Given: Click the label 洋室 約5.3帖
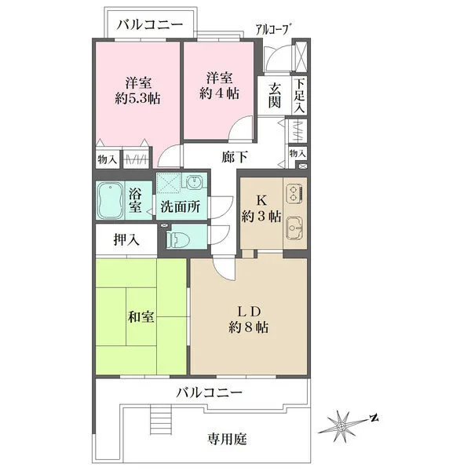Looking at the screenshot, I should (x=137, y=90).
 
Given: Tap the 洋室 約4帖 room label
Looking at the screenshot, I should (x=219, y=84).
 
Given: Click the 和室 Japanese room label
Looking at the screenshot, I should (x=142, y=317).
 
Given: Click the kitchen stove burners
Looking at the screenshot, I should (x=294, y=193).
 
